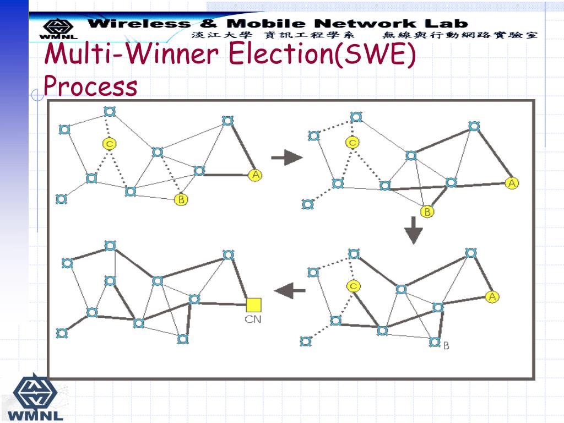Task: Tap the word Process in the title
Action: click(90, 86)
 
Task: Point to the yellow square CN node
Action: click(253, 305)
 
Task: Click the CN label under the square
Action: click(253, 319)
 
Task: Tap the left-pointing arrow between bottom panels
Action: click(290, 290)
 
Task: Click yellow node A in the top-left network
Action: click(255, 175)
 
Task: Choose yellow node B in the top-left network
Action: click(181, 199)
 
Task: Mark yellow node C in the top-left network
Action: click(110, 144)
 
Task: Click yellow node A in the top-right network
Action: click(512, 183)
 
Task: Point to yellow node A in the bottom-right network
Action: click(492, 297)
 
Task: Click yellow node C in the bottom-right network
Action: click(354, 285)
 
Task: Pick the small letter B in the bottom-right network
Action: click(446, 345)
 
